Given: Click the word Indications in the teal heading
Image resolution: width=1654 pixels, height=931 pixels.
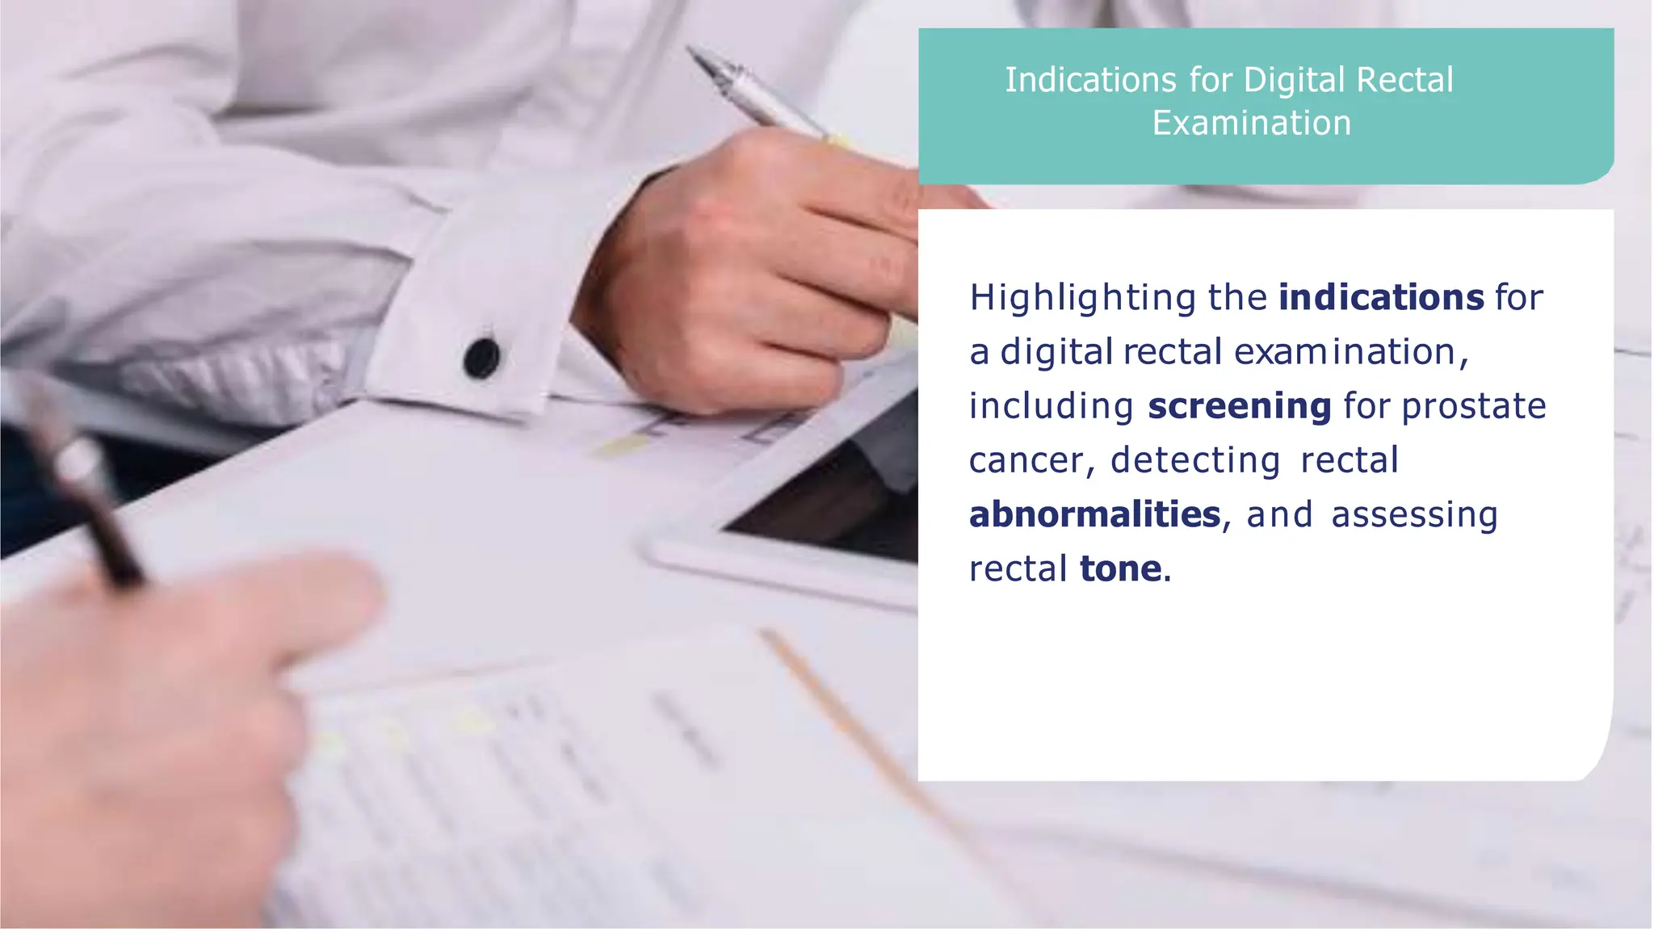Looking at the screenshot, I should coord(1090,80).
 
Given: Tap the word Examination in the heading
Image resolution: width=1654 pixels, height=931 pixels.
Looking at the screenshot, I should coord(1251,124).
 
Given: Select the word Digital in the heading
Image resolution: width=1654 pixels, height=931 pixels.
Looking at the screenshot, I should coord(1295,80).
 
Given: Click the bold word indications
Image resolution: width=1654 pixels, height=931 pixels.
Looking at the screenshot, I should coord(1381,297).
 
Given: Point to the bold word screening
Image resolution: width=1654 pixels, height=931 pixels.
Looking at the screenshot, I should coord(1239,406).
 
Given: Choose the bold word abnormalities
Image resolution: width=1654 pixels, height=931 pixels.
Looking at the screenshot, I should coord(1094,514).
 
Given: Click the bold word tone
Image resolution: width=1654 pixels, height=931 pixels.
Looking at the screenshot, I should coord(1120,568).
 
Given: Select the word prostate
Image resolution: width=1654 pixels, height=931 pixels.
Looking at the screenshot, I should coord(1473,406).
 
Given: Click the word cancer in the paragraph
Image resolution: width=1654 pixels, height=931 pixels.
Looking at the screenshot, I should coord(1026,460).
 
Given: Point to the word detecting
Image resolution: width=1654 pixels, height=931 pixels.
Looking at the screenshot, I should coord(1194,460).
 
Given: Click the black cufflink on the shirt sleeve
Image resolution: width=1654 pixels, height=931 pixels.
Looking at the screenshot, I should coord(482,358).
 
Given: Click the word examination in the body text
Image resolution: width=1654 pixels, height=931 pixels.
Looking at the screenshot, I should coord(1344,352).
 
